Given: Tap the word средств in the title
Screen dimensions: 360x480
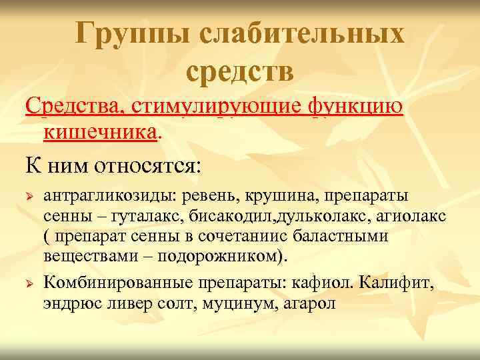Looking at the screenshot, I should pyautogui.click(x=240, y=72).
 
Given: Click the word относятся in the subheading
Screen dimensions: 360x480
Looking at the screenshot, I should pyautogui.click(x=145, y=163).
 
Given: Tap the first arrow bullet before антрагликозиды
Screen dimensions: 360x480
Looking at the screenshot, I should pyautogui.click(x=29, y=197).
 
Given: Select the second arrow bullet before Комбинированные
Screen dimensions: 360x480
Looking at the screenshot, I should pyautogui.click(x=29, y=284).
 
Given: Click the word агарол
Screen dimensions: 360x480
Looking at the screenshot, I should pyautogui.click(x=306, y=303).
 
